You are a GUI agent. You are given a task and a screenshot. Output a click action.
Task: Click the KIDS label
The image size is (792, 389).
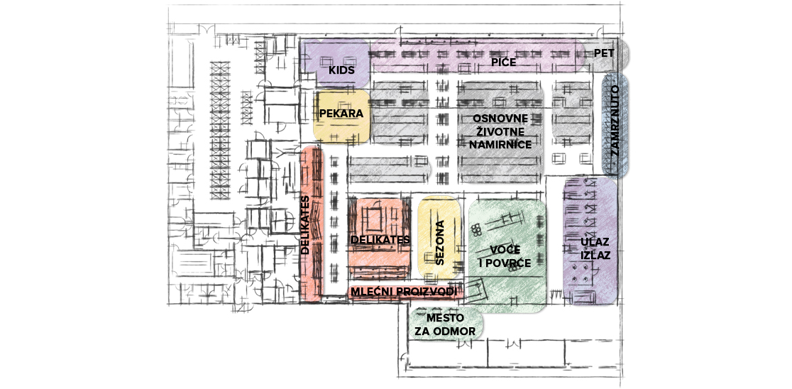coord(341,70)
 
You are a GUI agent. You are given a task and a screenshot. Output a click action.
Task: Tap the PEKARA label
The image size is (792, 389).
coord(341,114)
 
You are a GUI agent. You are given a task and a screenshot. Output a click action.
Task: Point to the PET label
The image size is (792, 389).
coord(603,53)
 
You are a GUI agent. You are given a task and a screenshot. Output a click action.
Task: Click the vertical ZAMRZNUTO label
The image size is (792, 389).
coord(615,125)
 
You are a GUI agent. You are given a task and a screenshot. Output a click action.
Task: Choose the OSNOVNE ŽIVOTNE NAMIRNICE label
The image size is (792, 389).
coord(500,131)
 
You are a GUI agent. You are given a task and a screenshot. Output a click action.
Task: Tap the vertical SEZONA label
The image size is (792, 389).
coord(440,242)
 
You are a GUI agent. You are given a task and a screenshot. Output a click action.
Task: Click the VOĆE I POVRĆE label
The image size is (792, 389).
coord(505,258)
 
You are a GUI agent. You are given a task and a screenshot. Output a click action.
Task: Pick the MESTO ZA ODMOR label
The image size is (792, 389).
coord(446,324)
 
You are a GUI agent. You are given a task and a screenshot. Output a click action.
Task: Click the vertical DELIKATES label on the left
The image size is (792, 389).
coord(306,225)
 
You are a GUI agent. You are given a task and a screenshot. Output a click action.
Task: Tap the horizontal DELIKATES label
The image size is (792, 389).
coord(380,240)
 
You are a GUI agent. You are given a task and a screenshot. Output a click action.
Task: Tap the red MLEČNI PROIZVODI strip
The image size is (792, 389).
coord(369,292)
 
